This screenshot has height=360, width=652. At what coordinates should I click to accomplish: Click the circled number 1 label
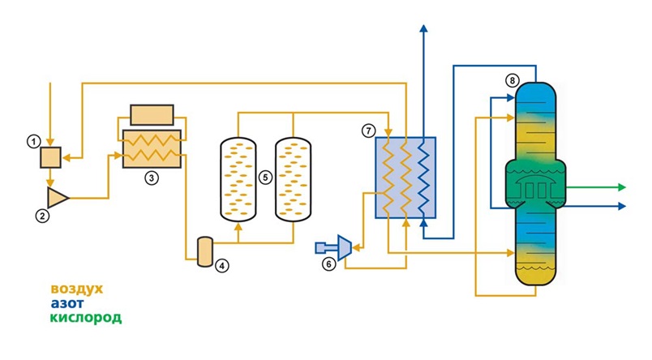click(x=33, y=141)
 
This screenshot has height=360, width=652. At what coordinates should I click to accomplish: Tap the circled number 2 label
click(x=42, y=216)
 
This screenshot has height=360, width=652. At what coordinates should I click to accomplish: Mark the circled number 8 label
click(x=511, y=80)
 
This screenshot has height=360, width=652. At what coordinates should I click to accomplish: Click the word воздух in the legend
click(x=77, y=289)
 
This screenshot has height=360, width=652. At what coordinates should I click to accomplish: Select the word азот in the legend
click(x=67, y=303)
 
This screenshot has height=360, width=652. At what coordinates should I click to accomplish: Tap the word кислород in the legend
click(x=86, y=318)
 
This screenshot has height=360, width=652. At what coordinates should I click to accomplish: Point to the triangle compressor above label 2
click(x=58, y=196)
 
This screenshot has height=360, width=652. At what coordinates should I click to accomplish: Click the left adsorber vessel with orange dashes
click(x=238, y=178)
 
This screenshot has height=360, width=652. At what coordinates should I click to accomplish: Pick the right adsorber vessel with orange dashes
click(x=293, y=178)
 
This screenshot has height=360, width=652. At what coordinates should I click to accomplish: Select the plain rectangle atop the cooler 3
click(x=152, y=114)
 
